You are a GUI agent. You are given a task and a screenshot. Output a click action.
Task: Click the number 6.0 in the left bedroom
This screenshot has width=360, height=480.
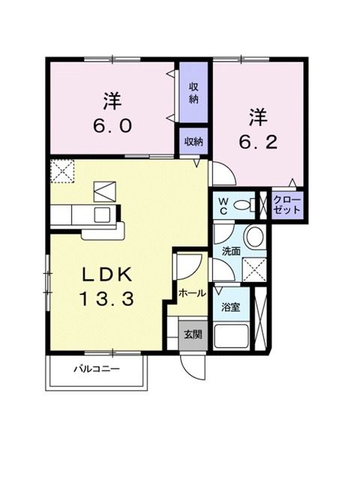(112, 124)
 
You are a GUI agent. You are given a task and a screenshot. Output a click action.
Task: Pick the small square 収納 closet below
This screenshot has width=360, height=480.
(193, 142)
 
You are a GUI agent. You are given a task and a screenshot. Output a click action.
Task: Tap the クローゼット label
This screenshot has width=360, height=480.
(287, 204)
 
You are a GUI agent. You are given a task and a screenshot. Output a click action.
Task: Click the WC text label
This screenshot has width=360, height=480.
(223, 204)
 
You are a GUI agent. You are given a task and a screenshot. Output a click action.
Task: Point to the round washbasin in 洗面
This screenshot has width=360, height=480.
(253, 239)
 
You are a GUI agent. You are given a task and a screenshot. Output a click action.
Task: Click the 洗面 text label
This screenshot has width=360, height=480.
(229, 251)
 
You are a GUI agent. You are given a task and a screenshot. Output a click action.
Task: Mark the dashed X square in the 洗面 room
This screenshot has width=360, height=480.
(255, 268)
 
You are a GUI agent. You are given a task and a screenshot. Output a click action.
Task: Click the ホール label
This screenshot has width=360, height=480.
(192, 294)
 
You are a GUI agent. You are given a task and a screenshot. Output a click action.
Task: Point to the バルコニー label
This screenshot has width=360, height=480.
(96, 370)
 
